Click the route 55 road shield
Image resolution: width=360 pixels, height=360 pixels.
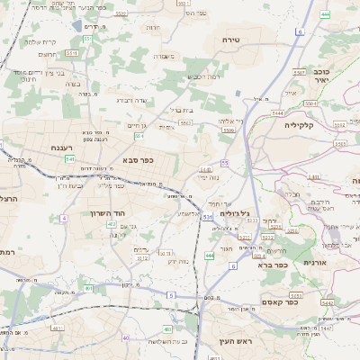pyautogui.click(x=223, y=163)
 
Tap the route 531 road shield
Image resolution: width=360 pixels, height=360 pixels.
pyautogui.click(x=208, y=217)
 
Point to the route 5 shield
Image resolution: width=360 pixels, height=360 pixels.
pyautogui.click(x=172, y=295)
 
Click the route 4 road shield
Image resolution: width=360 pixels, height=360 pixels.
pyautogui.click(x=64, y=218)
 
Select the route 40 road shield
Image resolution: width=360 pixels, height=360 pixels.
pyautogui.click(x=126, y=338)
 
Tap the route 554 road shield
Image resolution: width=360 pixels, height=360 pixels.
pyautogui.click(x=139, y=136)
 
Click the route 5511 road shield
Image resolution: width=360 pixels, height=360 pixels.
pyautogui.click(x=72, y=53)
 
